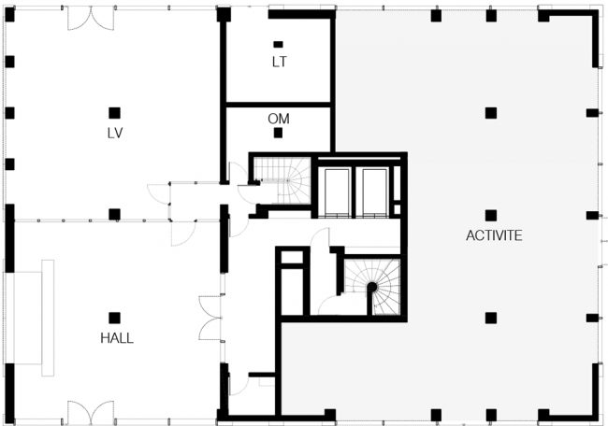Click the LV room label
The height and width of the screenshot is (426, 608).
tap(115, 133)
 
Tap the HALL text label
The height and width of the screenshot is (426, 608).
tap(117, 338)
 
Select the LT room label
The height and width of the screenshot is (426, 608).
tap(279, 62)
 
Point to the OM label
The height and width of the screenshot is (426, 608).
tap(279, 119)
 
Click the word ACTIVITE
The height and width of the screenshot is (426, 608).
tap(494, 235)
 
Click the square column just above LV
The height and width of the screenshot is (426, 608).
tap(114, 113)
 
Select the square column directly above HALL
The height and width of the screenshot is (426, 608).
tap(114, 318)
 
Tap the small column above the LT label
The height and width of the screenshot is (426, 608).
tap(278, 45)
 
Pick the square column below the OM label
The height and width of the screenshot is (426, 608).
tap(278, 133)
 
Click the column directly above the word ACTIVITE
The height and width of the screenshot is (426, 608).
tap(491, 215)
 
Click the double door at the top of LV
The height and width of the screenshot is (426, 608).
tap(91, 18)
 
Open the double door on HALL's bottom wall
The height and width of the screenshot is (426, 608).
tap(91, 412)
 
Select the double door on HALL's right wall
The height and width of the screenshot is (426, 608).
tap(211, 319)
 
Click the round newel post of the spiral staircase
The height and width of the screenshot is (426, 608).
tap(372, 288)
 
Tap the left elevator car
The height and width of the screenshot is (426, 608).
tap(337, 192)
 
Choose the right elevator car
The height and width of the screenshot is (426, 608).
tap(374, 192)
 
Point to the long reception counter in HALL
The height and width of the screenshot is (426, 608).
tap(48, 318)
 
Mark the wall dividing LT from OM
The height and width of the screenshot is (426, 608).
tap(278, 105)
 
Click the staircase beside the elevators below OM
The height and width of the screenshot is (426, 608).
tap(282, 180)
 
